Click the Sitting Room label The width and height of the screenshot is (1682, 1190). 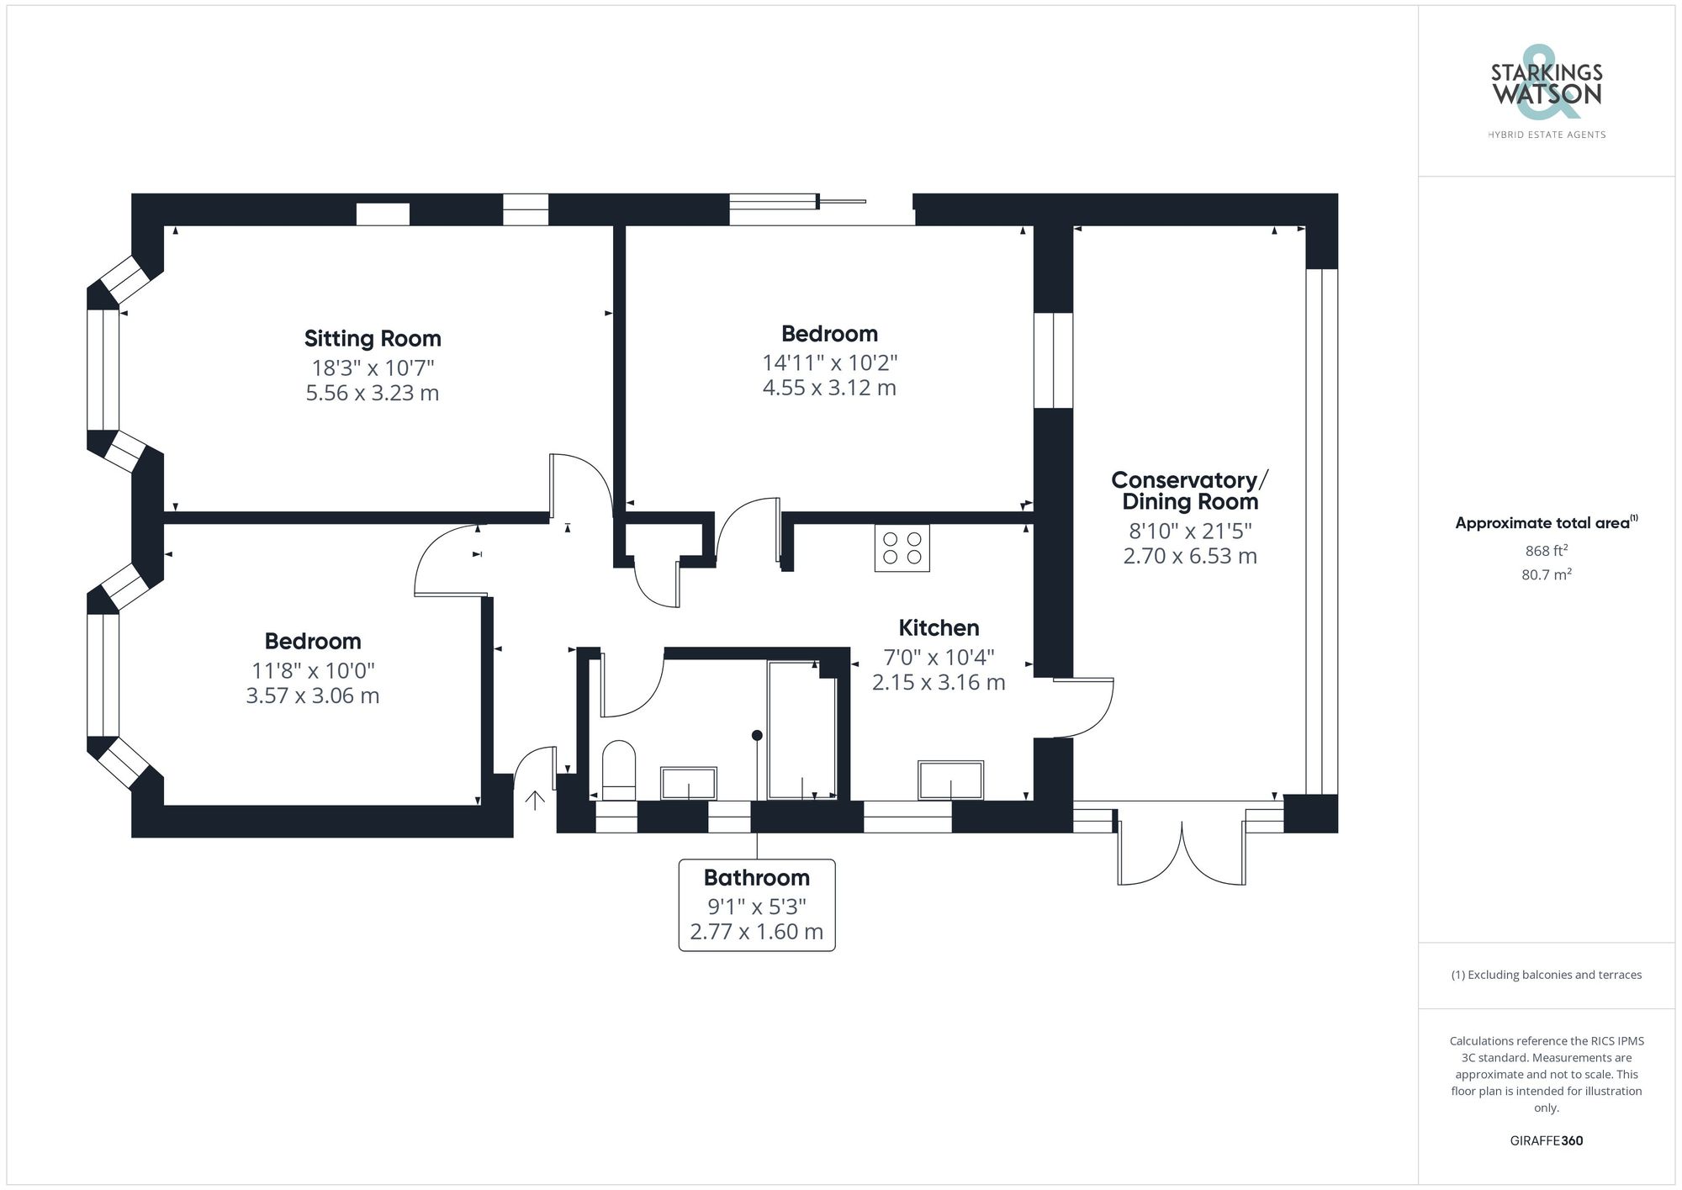pos(373,339)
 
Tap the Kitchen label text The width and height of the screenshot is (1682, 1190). pos(939,628)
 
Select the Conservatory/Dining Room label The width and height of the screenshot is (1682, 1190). pos(1189,491)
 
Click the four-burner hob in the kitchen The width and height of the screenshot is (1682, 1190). pos(902,548)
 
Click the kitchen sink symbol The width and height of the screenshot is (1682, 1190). pos(950,780)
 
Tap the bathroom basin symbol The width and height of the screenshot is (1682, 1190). pos(688,783)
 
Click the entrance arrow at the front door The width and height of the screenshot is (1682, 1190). pos(535,800)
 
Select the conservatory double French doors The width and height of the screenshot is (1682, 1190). pos(1182,854)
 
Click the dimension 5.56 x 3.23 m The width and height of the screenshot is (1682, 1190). pos(373,394)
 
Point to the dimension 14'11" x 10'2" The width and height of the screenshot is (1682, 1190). pos(829,363)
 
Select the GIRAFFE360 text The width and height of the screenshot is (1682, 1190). pos(1546,1141)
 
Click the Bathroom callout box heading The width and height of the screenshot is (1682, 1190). pos(756,878)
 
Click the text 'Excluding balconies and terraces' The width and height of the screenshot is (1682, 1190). pos(1546,976)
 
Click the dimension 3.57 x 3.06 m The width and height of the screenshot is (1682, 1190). pos(312,696)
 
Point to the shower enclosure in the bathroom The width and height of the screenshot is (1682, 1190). pos(801,730)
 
